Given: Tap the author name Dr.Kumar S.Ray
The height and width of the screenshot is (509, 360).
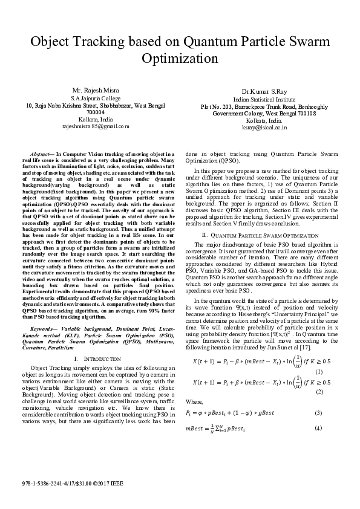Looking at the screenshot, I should (x=260, y=91).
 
